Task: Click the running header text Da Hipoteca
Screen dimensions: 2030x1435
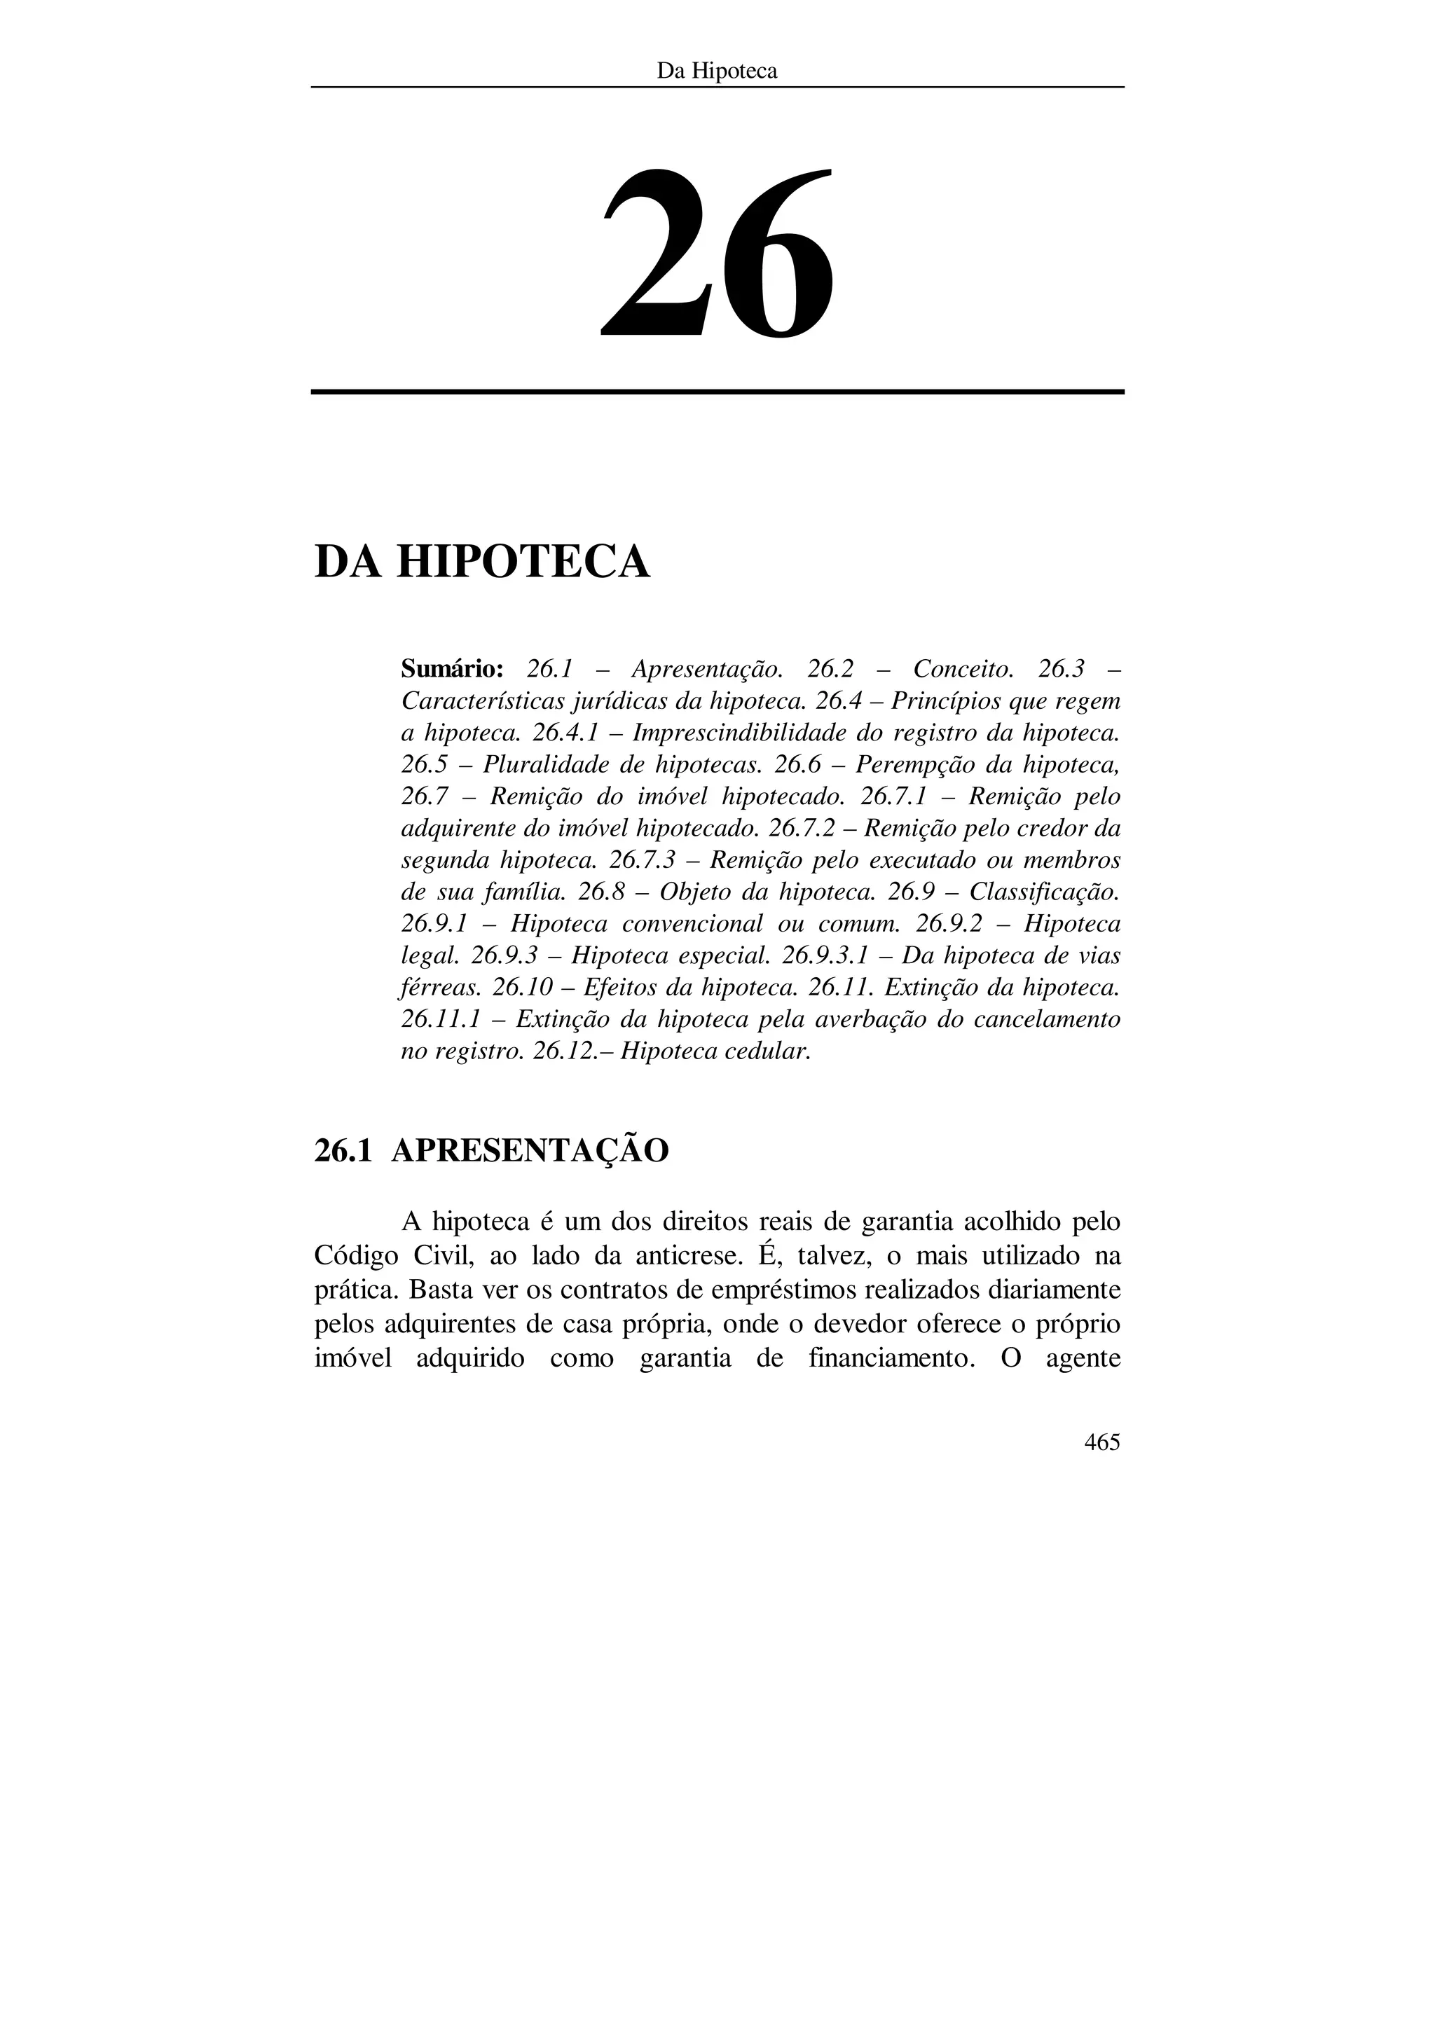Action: point(717,71)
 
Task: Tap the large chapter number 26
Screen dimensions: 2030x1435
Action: point(717,254)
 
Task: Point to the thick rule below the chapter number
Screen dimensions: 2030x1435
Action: point(717,392)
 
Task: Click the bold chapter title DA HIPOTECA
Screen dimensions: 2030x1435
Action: point(482,562)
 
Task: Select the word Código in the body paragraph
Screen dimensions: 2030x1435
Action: point(352,1257)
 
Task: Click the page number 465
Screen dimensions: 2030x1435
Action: point(1101,1443)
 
